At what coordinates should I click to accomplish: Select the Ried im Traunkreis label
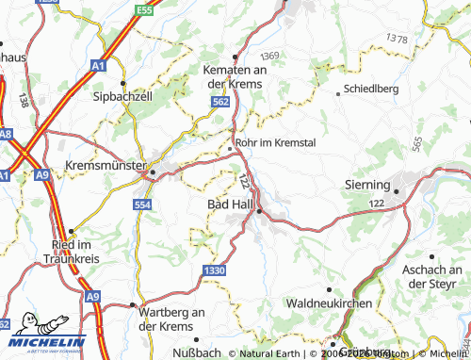71,251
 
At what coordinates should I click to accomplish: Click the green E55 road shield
143,9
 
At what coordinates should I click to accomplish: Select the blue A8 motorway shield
6,134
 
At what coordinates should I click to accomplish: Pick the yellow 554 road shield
142,205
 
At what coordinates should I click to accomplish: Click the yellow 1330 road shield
213,270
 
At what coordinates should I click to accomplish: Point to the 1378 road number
397,40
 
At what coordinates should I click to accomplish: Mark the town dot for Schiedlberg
339,92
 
